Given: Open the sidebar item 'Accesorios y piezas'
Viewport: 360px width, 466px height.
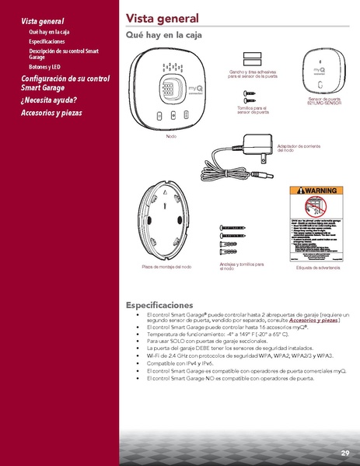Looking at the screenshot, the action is point(51,113).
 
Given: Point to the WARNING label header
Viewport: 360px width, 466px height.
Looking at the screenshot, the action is point(315,191).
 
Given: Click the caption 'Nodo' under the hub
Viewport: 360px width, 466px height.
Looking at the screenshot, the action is point(171,136).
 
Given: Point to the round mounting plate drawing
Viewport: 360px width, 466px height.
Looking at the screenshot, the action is point(166,222).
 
